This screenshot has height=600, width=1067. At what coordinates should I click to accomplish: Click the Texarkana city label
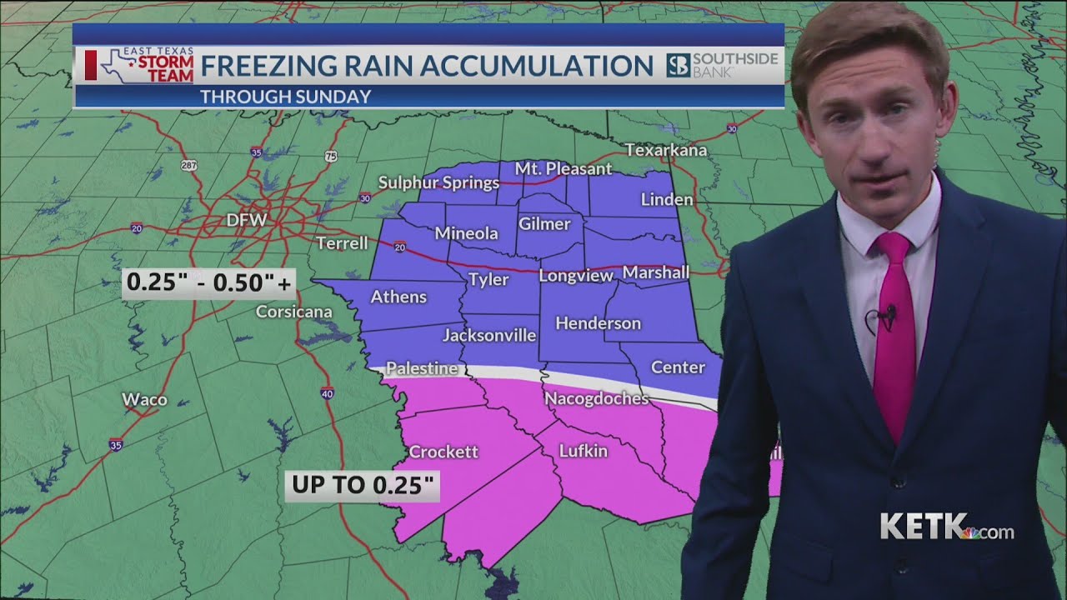coord(666,151)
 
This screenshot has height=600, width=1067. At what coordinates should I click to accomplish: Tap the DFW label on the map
coord(247,221)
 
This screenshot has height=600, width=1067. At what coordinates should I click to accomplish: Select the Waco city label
coord(144,400)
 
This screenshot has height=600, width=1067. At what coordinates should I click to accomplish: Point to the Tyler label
coord(488,279)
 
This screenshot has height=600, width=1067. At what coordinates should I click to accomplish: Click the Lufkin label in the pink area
coord(583,451)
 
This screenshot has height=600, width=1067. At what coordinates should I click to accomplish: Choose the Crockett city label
coord(443,452)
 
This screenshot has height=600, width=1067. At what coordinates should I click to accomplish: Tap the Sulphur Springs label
coord(438,182)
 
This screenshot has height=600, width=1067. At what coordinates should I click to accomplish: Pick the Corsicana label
coord(293,312)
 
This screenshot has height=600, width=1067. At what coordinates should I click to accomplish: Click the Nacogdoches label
coord(596,398)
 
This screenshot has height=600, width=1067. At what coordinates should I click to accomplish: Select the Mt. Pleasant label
coord(563,168)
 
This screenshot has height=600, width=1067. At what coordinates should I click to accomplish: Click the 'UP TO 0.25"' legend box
coord(363,486)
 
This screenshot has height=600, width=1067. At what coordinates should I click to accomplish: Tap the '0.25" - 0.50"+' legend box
coord(208,283)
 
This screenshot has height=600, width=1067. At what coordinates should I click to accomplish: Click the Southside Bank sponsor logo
coord(723,65)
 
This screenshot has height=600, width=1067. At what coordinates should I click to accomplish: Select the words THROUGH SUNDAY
coord(285,97)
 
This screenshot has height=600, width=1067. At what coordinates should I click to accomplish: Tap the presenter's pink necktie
coord(895,333)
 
